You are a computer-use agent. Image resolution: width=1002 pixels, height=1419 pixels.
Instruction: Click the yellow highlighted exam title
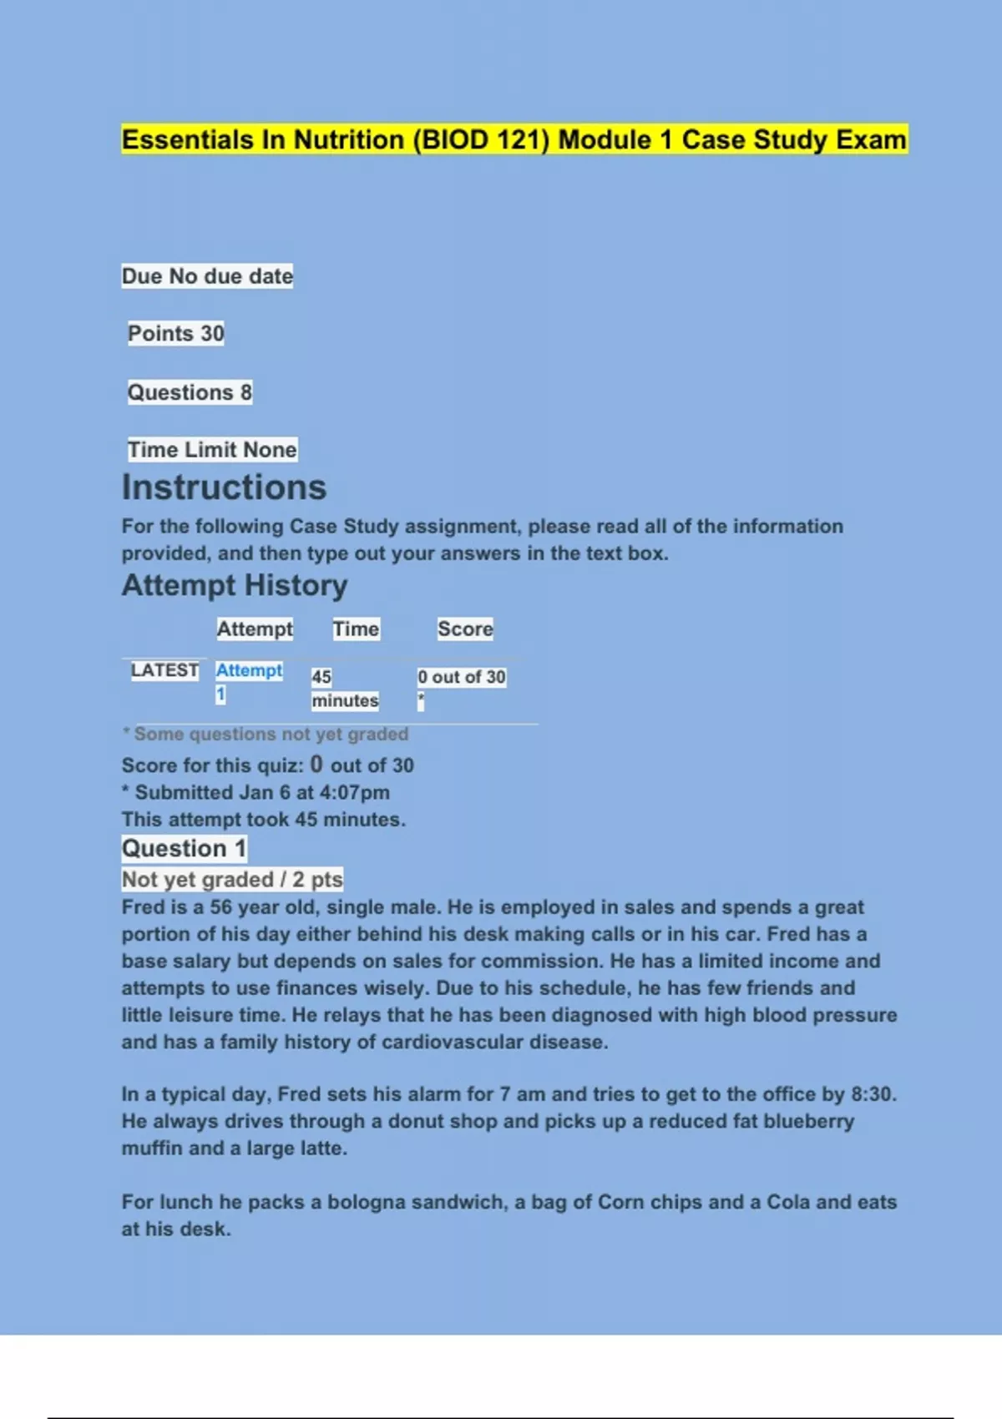coord(514,139)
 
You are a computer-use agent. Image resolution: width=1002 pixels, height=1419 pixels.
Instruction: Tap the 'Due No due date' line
coord(207,276)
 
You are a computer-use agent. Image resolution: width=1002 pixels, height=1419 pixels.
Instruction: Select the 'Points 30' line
coord(175,334)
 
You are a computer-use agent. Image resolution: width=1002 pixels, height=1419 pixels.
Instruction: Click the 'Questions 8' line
coord(189,392)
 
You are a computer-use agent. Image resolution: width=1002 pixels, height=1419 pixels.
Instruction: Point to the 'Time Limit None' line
coord(212,450)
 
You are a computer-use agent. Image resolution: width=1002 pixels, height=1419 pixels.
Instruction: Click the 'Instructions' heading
coord(224,487)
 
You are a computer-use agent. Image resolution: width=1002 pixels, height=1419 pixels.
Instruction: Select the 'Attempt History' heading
coord(235,585)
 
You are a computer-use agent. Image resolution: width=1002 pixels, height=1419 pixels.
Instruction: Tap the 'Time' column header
coord(356,629)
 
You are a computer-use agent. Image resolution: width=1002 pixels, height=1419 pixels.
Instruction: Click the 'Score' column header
coord(465,629)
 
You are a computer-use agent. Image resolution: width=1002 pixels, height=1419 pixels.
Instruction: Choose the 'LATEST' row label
coord(164,670)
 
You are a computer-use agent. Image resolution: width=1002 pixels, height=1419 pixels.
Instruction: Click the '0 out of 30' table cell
coord(461,677)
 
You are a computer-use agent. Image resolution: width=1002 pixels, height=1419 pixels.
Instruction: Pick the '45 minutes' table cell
coord(344,689)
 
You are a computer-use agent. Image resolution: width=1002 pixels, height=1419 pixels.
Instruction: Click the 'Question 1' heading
coord(184,849)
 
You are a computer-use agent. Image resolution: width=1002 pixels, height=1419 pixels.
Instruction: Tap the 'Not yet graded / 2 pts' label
coord(232,880)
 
